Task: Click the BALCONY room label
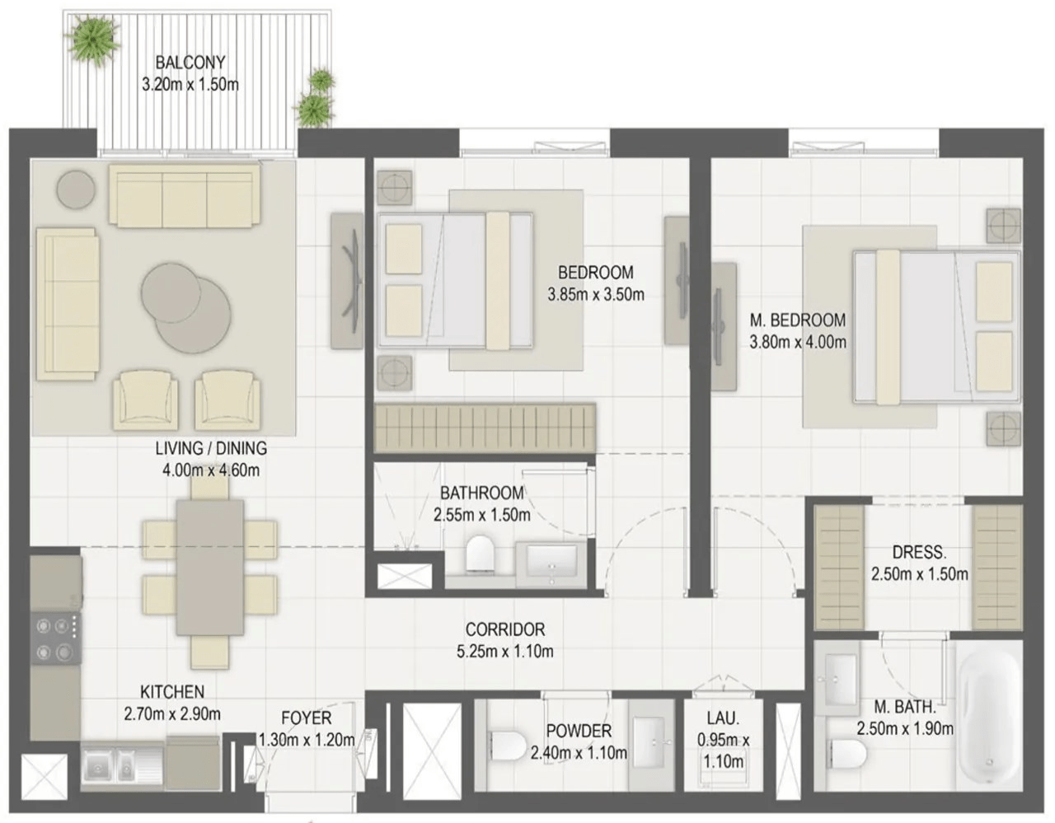[190, 63]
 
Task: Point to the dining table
[209, 568]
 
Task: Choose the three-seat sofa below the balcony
[185, 195]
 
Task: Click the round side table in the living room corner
[76, 189]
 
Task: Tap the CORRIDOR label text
[505, 629]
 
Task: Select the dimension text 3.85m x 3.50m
[596, 295]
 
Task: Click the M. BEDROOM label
[798, 320]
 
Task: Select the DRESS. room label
[919, 552]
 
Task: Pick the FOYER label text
[307, 718]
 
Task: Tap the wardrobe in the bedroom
[485, 427]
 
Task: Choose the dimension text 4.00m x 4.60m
[211, 470]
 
